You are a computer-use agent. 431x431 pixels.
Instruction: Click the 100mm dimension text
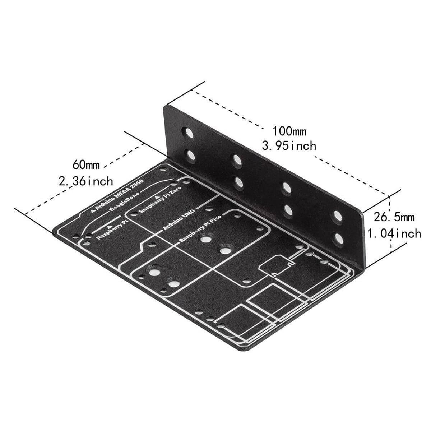pyautogui.click(x=289, y=131)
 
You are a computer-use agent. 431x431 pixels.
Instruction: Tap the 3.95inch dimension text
pyautogui.click(x=289, y=145)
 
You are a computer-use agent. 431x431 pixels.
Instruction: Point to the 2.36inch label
pyautogui.click(x=86, y=181)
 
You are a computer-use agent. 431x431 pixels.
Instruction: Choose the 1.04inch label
pyautogui.click(x=394, y=233)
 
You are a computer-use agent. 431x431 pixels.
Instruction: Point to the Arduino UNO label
pyautogui.click(x=179, y=219)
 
